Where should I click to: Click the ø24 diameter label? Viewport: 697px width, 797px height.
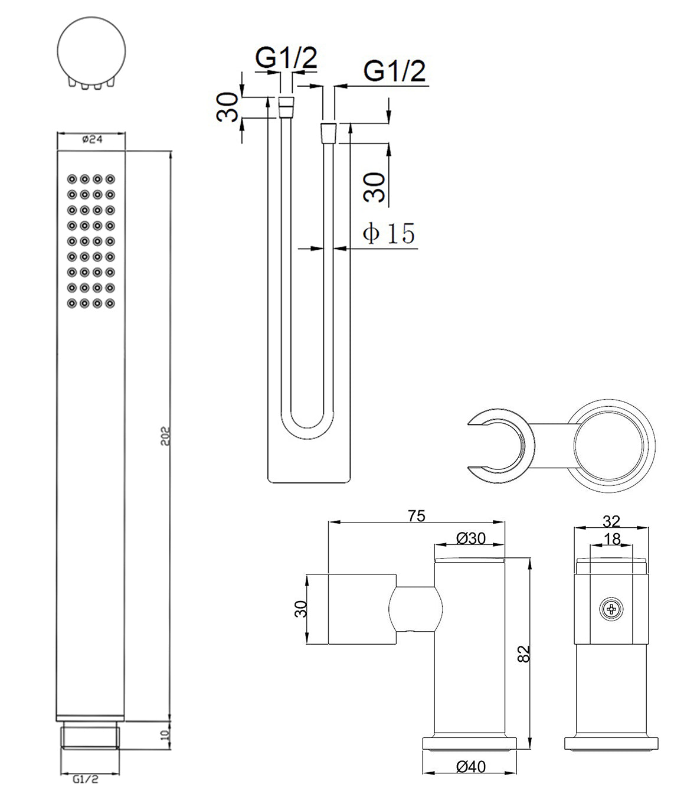click(92, 139)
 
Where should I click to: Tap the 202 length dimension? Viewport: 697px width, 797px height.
click(165, 436)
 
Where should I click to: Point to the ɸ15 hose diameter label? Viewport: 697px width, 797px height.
click(388, 233)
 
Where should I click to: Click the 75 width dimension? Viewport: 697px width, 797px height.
click(417, 516)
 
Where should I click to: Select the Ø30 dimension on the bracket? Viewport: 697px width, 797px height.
click(471, 538)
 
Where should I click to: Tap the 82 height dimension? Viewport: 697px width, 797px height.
click(525, 654)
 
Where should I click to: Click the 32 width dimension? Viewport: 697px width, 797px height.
click(611, 521)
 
